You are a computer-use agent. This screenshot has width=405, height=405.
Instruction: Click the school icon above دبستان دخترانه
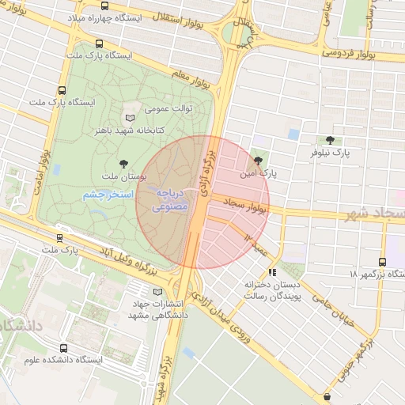[x=273, y=273]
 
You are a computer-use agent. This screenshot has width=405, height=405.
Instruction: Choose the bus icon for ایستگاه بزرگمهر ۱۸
[x=384, y=262]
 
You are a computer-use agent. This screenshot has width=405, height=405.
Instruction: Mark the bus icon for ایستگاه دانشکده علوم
[x=62, y=347]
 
